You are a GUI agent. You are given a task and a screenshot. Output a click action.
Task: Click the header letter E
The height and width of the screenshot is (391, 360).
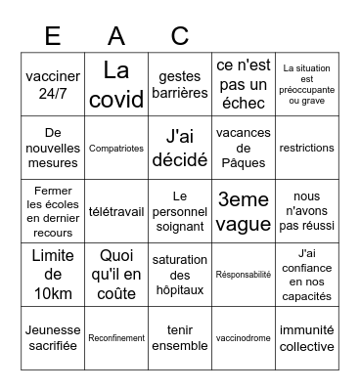click(54, 36)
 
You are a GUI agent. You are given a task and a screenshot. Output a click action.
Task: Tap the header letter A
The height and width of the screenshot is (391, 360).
click(117, 36)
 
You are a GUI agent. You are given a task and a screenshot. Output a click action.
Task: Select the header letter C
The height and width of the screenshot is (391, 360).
click(180, 36)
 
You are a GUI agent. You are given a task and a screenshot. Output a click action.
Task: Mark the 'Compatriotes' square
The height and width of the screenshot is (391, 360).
click(117, 148)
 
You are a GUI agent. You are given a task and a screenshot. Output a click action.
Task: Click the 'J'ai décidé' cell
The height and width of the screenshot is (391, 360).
click(180, 148)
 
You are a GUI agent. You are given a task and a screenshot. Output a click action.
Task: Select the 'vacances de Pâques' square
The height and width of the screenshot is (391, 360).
click(243, 148)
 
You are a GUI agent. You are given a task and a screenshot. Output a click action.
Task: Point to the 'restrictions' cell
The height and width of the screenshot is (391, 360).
click(306, 148)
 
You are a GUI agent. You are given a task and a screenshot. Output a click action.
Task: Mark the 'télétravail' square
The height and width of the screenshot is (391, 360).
click(117, 210)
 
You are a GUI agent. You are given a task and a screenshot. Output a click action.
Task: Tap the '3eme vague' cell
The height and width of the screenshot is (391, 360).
click(243, 210)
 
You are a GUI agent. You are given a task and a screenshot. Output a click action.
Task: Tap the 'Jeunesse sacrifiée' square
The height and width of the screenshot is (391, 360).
click(54, 337)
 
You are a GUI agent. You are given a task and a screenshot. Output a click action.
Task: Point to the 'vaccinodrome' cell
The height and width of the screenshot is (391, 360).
click(243, 337)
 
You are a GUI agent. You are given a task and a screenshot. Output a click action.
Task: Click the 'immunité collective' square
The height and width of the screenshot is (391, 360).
click(306, 337)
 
